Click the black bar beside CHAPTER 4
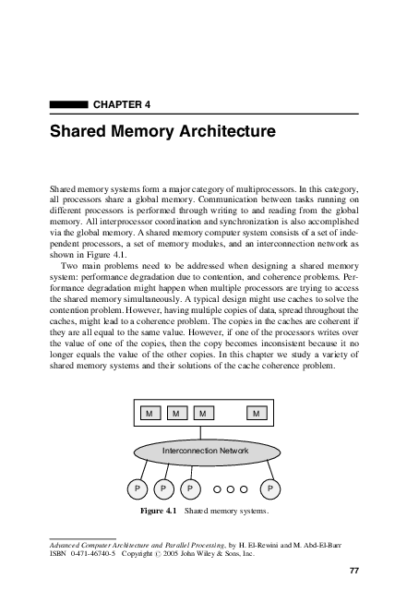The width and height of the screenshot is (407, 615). click(69, 105)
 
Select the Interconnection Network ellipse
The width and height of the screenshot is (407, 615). click(205, 451)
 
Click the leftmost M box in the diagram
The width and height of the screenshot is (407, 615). click(149, 413)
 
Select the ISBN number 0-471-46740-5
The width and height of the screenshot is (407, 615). click(100, 554)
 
